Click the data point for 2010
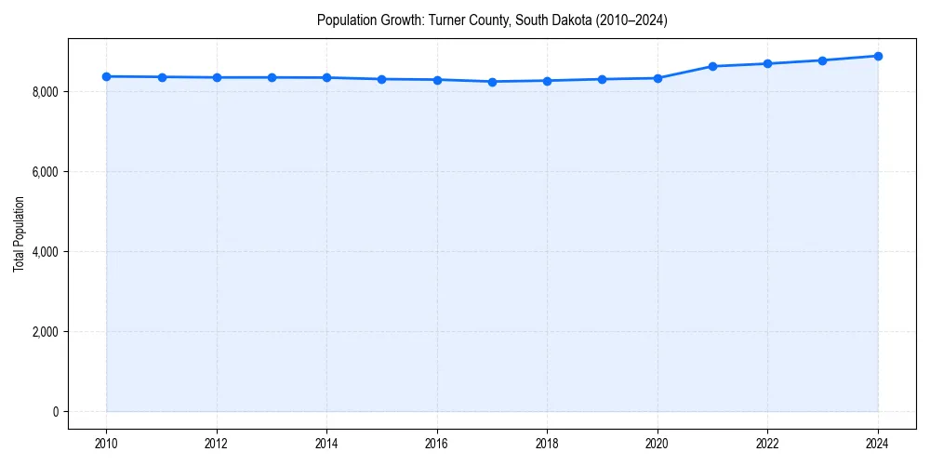(107, 76)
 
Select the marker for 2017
(492, 82)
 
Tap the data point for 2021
(712, 66)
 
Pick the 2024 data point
(878, 56)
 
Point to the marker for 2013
(272, 77)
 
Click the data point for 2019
(603, 79)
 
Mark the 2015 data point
(382, 79)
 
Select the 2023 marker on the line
(823, 60)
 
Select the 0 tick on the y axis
(54, 412)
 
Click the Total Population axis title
(19, 246)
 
